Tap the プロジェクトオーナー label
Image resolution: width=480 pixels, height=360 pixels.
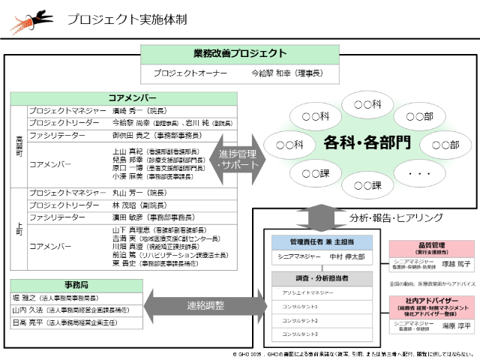185,74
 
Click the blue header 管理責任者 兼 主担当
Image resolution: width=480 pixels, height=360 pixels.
321,241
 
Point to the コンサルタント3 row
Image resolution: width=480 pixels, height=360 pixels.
321,333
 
